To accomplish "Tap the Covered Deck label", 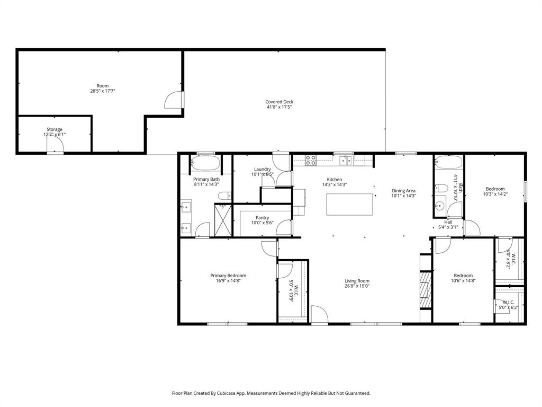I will tap(279, 102).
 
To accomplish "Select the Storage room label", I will tap(54, 129).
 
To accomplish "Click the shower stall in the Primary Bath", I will tap(223, 220).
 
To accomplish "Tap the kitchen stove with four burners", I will tap(311, 160).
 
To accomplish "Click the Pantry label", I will tap(262, 218).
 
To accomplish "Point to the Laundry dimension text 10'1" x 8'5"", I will tap(262, 174).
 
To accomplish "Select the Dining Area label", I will tap(403, 191).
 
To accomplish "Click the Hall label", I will tap(448, 222).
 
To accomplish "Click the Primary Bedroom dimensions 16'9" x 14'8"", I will tap(228, 281).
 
